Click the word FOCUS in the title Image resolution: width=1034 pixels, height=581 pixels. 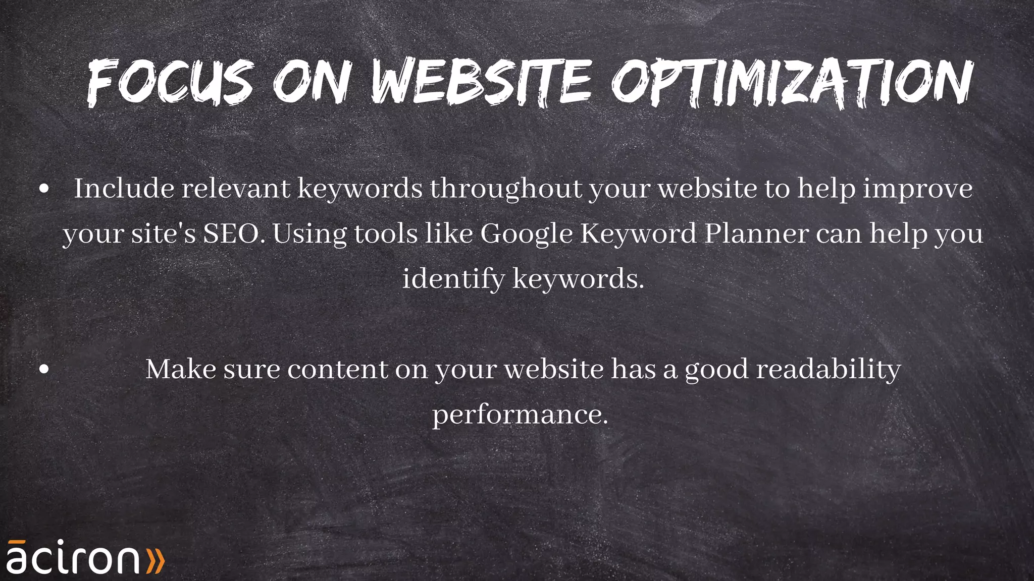(170, 82)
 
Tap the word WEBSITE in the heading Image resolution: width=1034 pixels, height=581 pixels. (481, 82)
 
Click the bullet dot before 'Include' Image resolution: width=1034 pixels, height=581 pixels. (44, 189)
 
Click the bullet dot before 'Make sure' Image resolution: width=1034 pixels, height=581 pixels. (44, 370)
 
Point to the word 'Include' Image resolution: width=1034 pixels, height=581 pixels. (124, 189)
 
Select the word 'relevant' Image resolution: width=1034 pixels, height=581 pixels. (236, 189)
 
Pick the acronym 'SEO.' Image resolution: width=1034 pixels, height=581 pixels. (234, 234)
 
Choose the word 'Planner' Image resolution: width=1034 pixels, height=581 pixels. (756, 234)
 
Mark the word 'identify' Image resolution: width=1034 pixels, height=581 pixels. (453, 279)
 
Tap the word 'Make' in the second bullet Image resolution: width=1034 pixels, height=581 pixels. (180, 369)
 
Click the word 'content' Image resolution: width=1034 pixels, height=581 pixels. (337, 370)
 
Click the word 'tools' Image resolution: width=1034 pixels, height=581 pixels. (386, 234)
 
